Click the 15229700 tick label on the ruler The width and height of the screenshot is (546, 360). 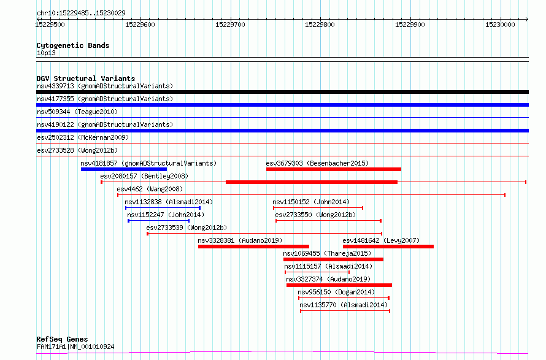coord(230,25)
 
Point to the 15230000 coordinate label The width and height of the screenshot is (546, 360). coord(500,25)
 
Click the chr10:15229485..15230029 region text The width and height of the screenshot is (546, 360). coord(81,13)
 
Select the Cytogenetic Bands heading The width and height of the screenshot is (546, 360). coord(73,45)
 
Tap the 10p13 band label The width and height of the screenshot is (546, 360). coord(46,53)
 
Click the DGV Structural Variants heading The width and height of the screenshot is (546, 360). coord(86,79)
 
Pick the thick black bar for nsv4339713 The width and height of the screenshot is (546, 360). coord(282,92)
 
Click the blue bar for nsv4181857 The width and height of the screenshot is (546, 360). coord(124,169)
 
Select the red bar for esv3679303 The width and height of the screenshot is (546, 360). coord(334,169)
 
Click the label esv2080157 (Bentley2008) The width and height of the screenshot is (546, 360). coord(144,176)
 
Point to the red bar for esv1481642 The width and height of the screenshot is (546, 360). coord(388,247)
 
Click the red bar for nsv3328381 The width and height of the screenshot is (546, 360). coord(253,247)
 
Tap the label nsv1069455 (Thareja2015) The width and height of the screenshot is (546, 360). coord(327,253)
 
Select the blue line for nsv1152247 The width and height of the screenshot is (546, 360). coord(159,221)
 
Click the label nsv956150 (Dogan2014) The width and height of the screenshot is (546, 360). coord(336,292)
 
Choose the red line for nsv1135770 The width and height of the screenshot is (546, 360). coord(345,311)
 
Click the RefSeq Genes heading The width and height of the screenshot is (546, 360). coord(62,339)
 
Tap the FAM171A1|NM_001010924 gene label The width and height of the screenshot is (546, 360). coord(75,347)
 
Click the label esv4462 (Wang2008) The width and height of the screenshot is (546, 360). coord(150,189)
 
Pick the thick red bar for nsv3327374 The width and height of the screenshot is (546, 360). coord(339,286)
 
